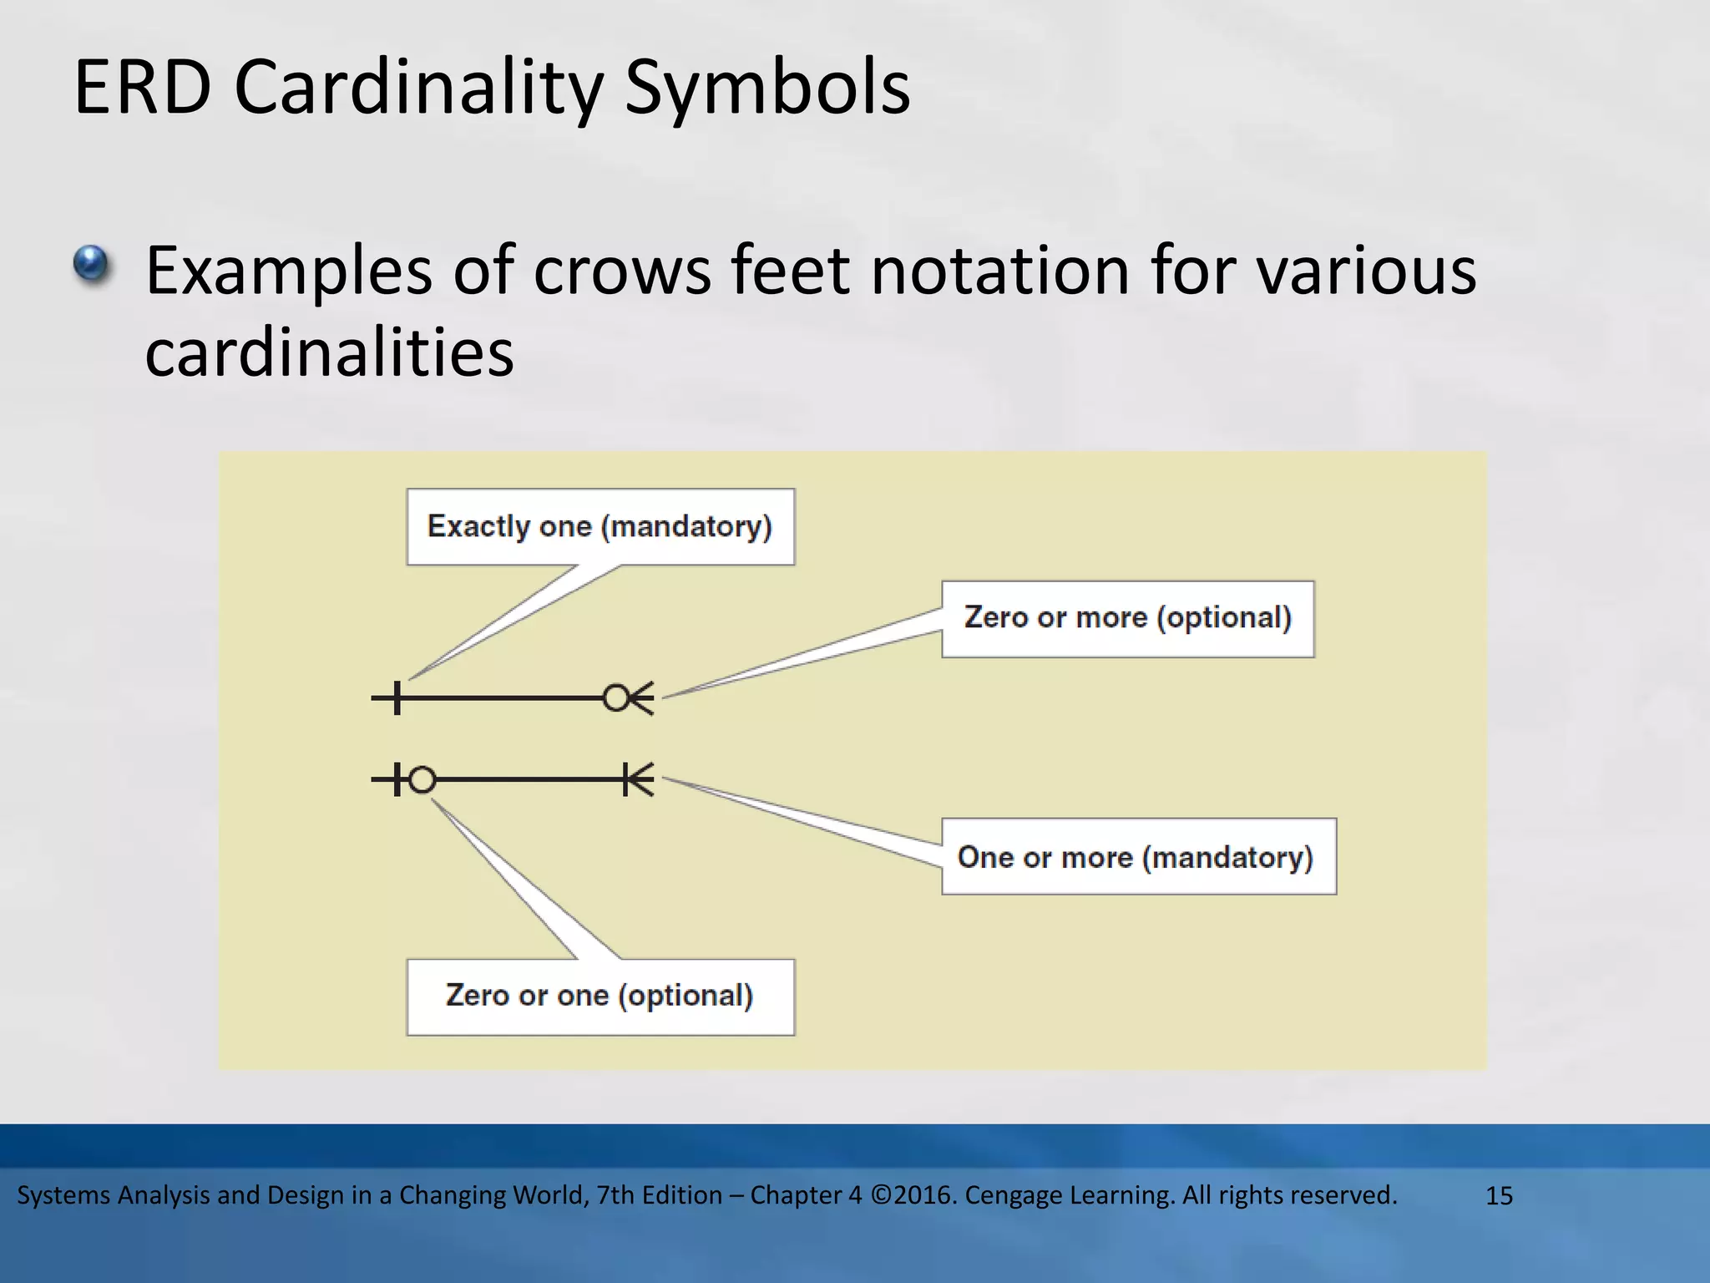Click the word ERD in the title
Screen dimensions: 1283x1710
point(142,87)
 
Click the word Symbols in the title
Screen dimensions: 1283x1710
point(766,89)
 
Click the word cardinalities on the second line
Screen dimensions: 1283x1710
point(329,352)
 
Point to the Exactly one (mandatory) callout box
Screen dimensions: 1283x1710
point(600,527)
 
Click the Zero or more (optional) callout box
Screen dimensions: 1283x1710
point(1127,619)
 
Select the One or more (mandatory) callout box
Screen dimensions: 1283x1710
point(1138,857)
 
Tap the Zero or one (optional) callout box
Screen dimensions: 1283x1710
point(600,996)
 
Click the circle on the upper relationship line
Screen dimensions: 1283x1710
point(616,697)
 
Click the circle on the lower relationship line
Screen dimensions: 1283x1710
point(422,779)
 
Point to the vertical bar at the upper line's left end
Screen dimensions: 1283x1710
point(397,697)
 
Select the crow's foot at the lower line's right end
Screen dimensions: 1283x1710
point(641,779)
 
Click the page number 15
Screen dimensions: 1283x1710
point(1499,1196)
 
